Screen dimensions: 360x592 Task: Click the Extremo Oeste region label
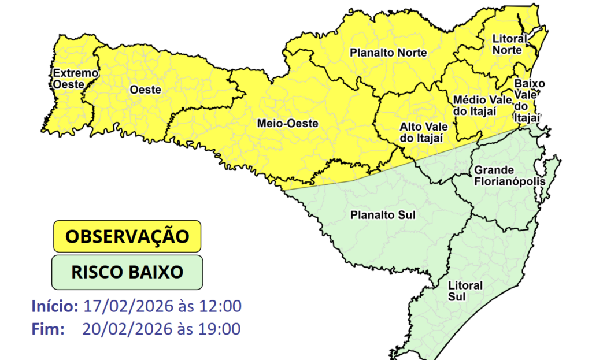coord(75,79)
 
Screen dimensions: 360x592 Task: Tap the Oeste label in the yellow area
coord(145,90)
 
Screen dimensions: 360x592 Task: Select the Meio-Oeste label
coord(285,123)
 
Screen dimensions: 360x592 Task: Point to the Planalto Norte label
coord(388,53)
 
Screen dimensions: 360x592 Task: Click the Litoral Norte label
coord(509,44)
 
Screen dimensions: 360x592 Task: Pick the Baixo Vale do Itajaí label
coord(528,100)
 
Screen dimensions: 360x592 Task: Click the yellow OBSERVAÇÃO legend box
coord(127,236)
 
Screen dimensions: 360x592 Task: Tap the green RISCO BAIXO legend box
coord(127,272)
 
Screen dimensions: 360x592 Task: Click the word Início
coord(55,306)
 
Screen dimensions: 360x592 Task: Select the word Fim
coord(49,329)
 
